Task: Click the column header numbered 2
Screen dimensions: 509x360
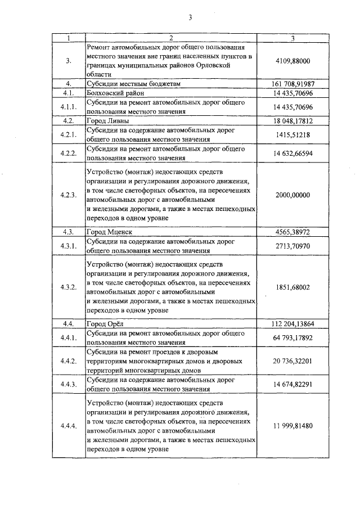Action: pos(171,38)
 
